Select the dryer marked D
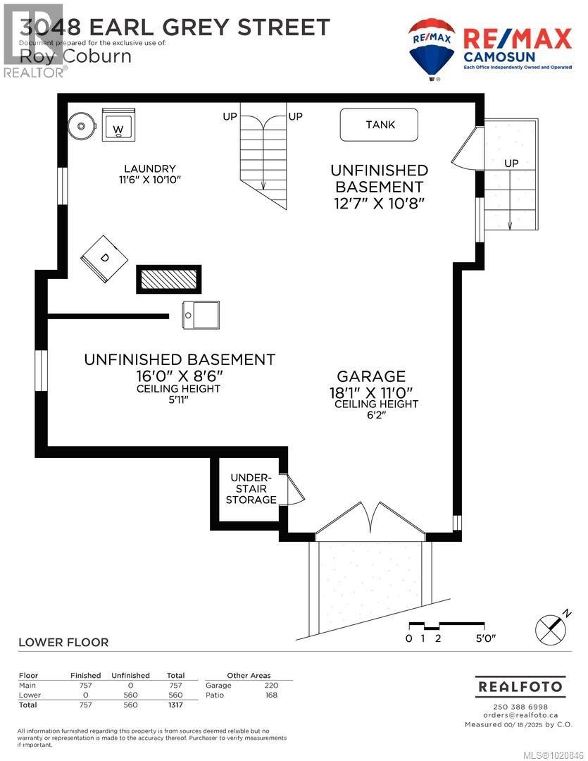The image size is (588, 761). tap(104, 259)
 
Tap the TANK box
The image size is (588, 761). tap(380, 125)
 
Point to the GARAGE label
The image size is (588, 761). tap(370, 376)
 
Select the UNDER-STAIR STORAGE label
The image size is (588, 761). tap(251, 488)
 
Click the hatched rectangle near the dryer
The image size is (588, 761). tap(168, 280)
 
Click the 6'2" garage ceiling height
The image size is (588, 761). tap(376, 415)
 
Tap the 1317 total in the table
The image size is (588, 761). tap(175, 705)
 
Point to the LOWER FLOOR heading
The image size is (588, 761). tap(63, 642)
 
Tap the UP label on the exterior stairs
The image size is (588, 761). tap(511, 163)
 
